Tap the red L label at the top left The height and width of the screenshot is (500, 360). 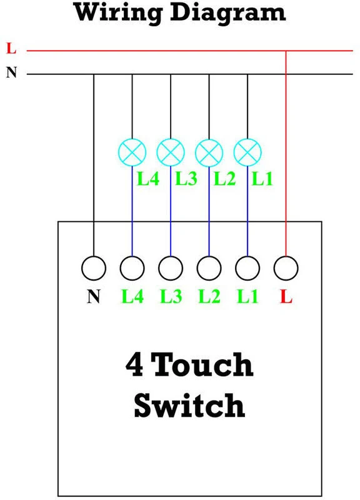coord(11,48)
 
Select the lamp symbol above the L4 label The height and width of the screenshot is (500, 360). coord(132,151)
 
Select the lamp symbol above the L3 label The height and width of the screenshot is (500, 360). coord(171,151)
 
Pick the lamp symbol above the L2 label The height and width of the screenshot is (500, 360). coord(209,151)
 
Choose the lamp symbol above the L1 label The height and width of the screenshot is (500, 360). coord(248,151)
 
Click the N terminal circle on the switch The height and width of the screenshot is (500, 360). coord(94,269)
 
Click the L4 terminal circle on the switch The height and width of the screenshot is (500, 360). coord(132,269)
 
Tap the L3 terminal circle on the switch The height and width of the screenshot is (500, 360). coord(171,269)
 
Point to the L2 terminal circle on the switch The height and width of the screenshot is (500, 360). coord(209,269)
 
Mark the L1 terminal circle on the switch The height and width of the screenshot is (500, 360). coord(248,269)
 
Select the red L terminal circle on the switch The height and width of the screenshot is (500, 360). coord(286,269)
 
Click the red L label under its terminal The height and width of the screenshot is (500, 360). coord(286,296)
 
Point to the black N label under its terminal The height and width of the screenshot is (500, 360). coord(94,296)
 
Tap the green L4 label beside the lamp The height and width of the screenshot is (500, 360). coord(149,179)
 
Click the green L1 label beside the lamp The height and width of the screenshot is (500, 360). coord(262,179)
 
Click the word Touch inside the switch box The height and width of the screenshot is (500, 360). coord(202,364)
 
